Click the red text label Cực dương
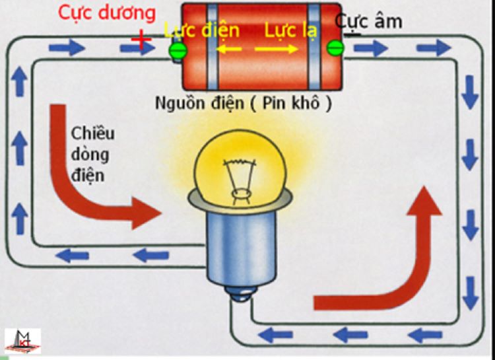click(106, 13)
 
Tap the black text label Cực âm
click(368, 21)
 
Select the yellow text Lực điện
click(201, 30)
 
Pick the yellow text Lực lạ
click(290, 30)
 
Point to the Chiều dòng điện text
click(92, 155)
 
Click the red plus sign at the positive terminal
click(141, 40)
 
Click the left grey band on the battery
click(211, 46)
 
